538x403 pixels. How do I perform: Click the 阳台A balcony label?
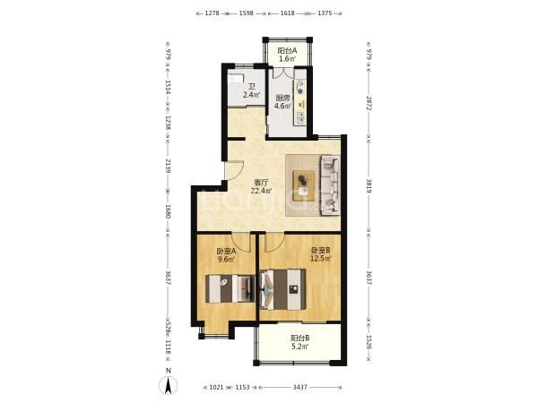287,51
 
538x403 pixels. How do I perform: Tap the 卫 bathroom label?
251,87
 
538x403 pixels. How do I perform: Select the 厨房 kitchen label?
282,98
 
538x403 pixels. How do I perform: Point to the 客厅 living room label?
261,183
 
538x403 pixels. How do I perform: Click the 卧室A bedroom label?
226,251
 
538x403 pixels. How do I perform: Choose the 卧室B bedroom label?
320,251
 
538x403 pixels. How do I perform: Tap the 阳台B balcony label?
299,339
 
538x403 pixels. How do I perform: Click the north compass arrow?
169,385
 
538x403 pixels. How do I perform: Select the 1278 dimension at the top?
212,13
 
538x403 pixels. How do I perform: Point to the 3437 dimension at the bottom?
299,387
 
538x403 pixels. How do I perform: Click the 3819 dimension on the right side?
369,185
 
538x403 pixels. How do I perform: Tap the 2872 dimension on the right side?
369,103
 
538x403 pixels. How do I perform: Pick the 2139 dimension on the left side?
168,165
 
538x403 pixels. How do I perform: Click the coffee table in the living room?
304,185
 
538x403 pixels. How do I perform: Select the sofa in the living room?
330,185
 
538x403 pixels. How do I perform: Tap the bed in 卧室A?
230,288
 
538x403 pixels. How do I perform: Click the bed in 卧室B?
282,289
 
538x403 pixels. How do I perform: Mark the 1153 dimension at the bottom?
243,387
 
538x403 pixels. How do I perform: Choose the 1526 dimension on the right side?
369,343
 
